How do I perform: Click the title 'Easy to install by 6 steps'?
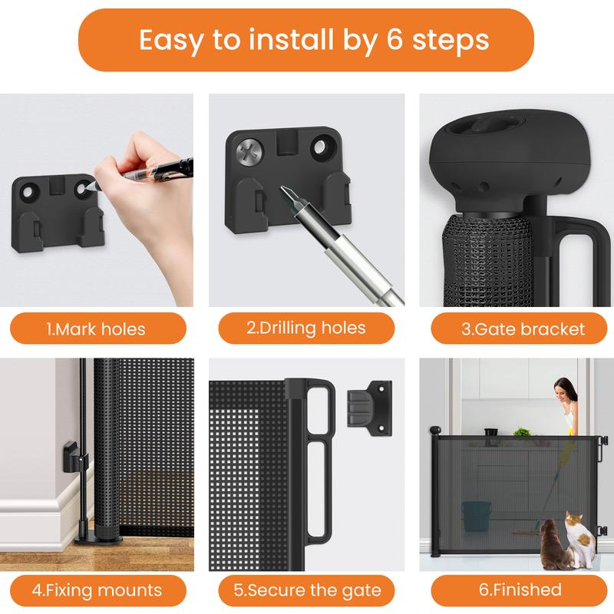[x=314, y=40]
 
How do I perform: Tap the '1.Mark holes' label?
[x=96, y=329]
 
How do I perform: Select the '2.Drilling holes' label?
[x=305, y=328]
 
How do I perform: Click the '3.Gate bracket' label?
[x=523, y=329]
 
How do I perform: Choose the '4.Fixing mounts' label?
[x=97, y=590]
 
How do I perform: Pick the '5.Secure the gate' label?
[x=307, y=590]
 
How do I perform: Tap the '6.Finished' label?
[x=520, y=589]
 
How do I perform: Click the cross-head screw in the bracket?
[x=249, y=151]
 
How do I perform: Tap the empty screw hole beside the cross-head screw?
[x=322, y=147]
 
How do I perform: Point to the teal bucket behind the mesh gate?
[x=476, y=516]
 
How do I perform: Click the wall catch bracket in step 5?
[x=370, y=408]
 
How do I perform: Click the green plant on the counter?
[x=521, y=432]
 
